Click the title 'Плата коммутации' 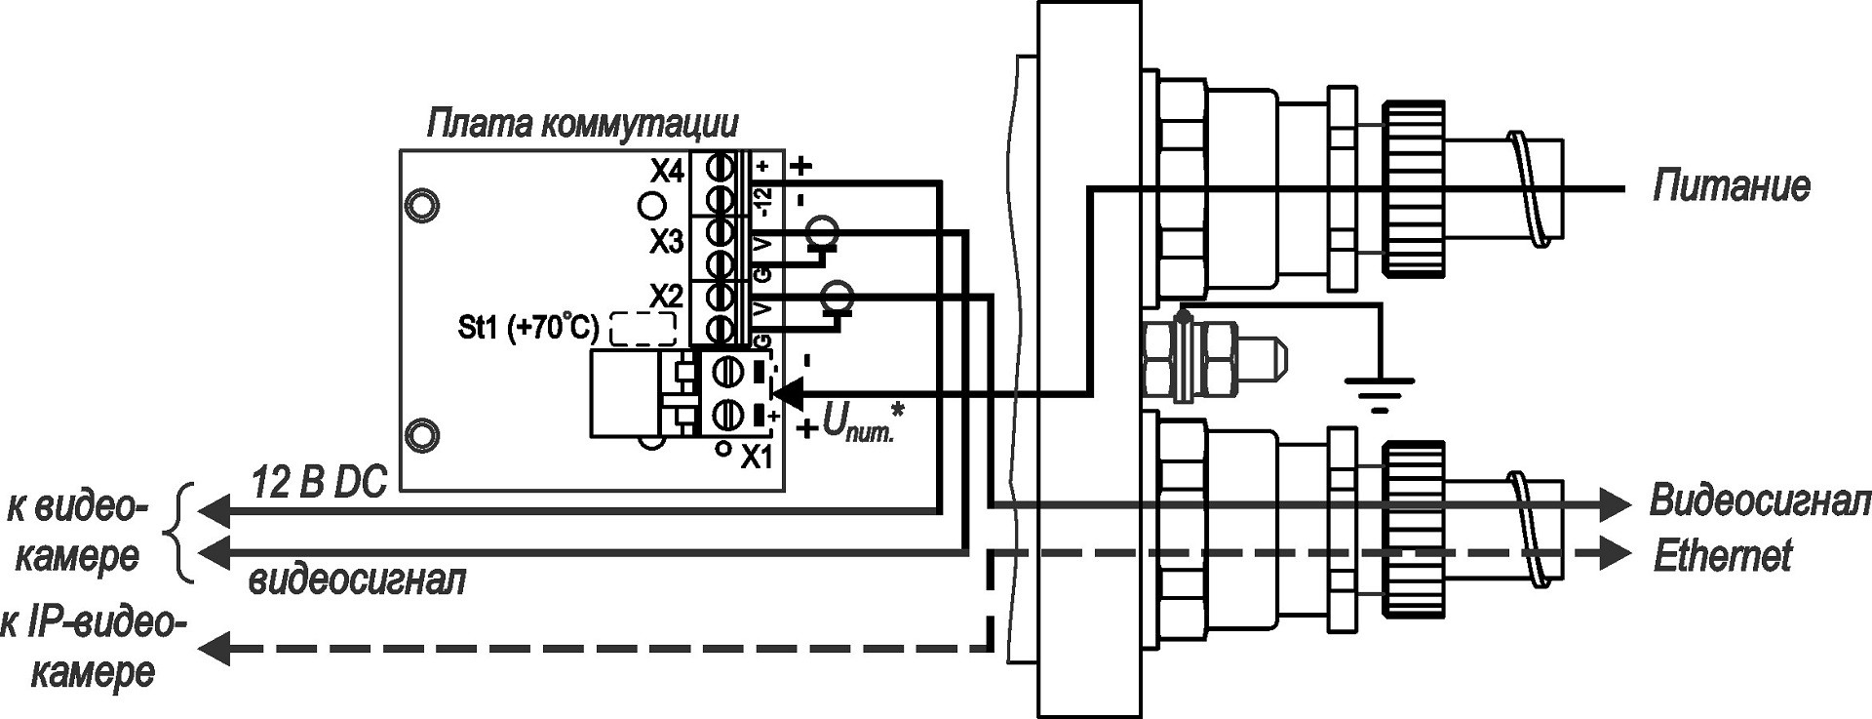click(582, 124)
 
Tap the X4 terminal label click(668, 173)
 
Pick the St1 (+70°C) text click(527, 328)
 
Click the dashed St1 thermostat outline click(643, 329)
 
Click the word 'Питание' click(1731, 185)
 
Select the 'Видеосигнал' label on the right click(1759, 501)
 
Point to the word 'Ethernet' click(1723, 556)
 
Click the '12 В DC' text click(320, 482)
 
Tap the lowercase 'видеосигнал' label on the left click(357, 580)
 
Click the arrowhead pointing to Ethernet click(1614, 554)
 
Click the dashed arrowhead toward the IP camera click(213, 647)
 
